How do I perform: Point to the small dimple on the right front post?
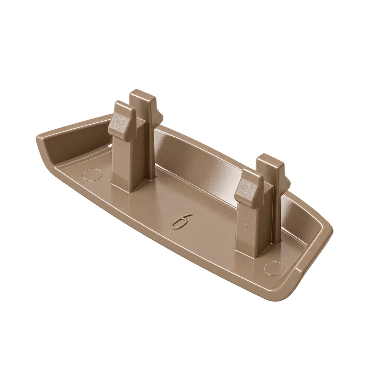[x=246, y=222]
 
